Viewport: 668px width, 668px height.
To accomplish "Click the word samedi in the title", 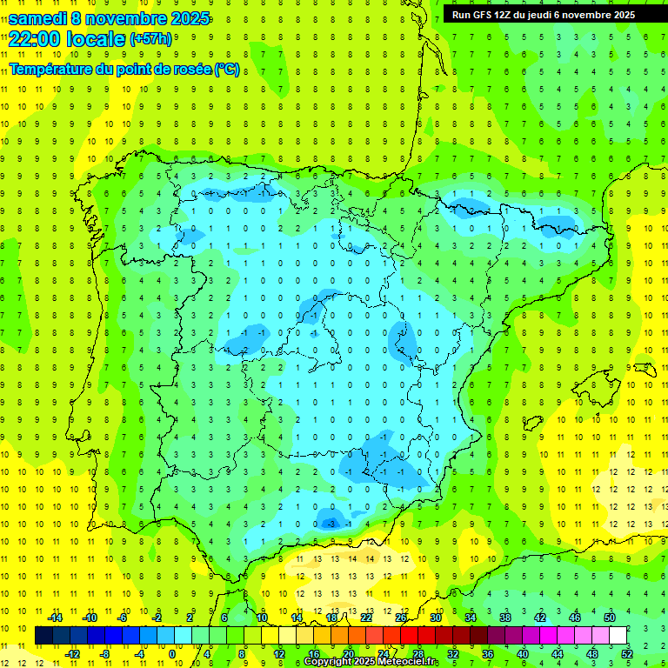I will point(39,18).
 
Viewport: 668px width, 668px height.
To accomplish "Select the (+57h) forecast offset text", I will point(150,39).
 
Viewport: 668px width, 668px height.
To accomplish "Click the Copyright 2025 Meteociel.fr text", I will point(371,662).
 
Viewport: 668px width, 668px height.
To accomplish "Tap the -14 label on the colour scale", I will point(54,618).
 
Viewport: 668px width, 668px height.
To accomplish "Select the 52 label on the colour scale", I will point(626,654).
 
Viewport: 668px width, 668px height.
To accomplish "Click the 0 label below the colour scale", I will point(172,654).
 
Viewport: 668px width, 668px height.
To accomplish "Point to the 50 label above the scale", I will point(609,618).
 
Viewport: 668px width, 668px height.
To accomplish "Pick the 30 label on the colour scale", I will point(435,618).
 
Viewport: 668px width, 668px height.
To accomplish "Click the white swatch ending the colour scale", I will point(618,636).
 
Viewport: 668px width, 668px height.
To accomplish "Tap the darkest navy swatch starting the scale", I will point(43,636).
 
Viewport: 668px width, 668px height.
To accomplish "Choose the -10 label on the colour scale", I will point(89,618).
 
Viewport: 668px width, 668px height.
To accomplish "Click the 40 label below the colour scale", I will point(522,654).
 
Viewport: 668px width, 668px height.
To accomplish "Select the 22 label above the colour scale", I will point(365,618).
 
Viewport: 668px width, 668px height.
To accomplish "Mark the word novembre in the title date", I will point(128,18).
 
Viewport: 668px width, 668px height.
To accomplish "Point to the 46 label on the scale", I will point(574,618).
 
